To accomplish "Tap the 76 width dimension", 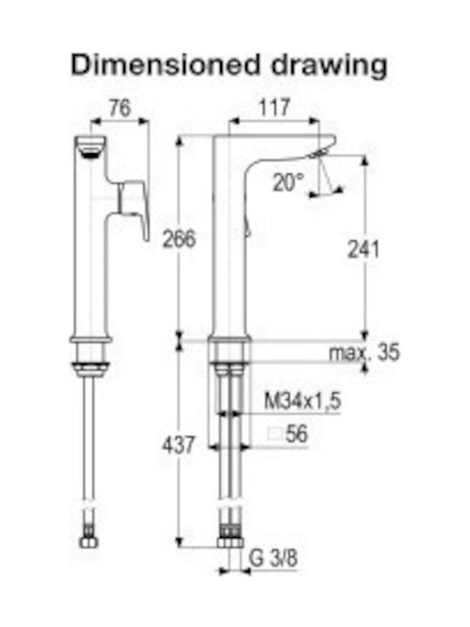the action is [120, 108].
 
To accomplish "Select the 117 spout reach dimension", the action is [274, 108].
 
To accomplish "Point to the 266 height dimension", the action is [179, 239].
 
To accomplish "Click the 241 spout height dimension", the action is [363, 250].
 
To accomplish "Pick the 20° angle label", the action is [289, 182].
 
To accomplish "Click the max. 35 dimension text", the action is [364, 353].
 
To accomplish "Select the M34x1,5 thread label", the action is [303, 401].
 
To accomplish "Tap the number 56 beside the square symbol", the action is [297, 434].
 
